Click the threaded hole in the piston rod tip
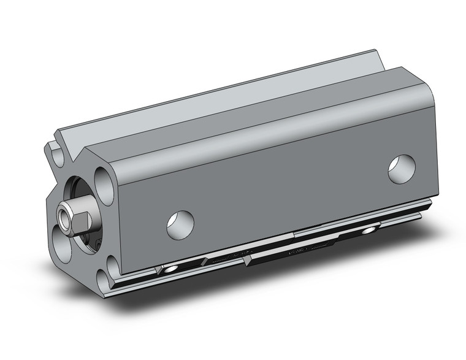click(x=63, y=216)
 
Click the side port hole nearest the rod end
click(x=180, y=225)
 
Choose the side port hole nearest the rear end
click(x=402, y=169)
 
